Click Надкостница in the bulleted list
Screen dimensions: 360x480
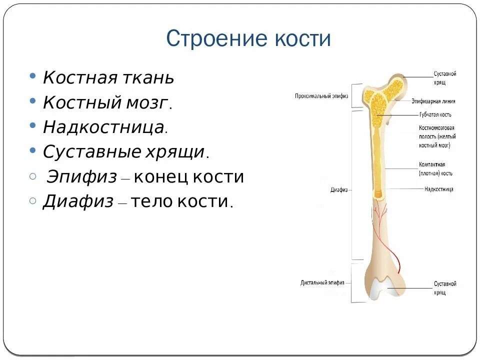[x=103, y=127]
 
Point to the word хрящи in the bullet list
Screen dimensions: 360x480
[x=173, y=151]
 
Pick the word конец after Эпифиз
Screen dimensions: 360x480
[x=159, y=177]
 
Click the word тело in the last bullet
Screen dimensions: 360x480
[x=157, y=201]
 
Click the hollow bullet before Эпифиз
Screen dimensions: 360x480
[x=33, y=176]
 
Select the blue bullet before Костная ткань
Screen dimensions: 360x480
[x=32, y=77]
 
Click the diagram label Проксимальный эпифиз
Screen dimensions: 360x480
[x=321, y=95]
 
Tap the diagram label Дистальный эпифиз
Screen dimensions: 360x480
[x=322, y=282]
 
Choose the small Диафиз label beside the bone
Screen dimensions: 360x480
[x=338, y=190]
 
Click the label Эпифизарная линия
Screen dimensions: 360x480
[x=433, y=101]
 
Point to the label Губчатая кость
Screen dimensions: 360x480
[x=435, y=114]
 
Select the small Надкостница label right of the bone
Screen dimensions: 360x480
[x=438, y=189]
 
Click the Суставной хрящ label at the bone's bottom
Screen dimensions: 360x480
[x=444, y=288]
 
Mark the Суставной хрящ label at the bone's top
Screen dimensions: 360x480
[x=444, y=77]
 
